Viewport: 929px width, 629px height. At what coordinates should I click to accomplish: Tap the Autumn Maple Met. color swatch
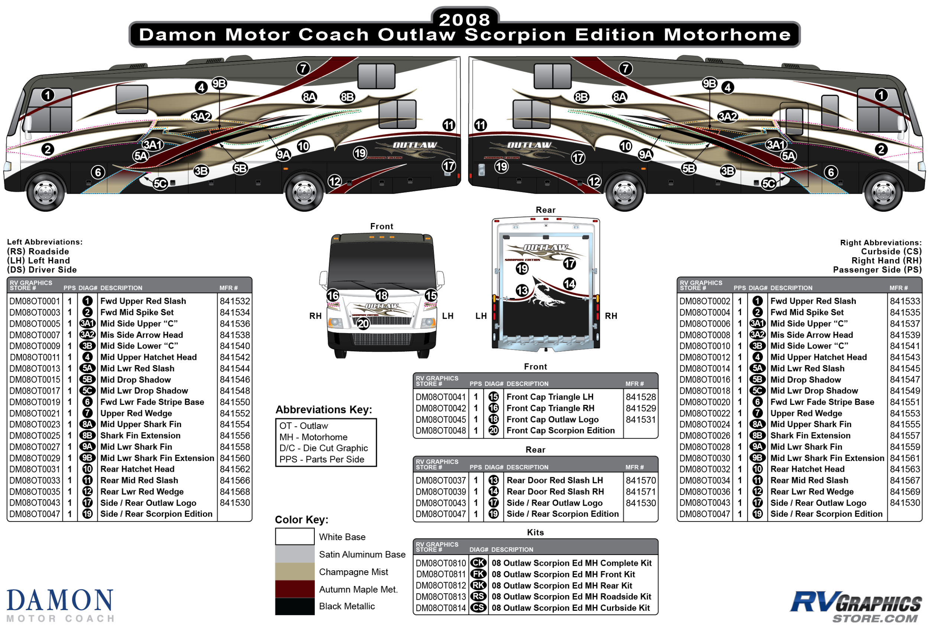click(x=295, y=589)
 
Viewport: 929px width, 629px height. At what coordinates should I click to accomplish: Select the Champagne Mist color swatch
click(x=295, y=571)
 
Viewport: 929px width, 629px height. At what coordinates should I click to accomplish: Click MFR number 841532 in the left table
click(x=234, y=301)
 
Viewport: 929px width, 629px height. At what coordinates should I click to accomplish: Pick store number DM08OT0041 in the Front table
click(x=440, y=397)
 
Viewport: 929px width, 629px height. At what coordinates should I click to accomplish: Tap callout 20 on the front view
click(x=363, y=323)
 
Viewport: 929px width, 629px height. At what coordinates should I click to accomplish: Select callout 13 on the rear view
click(x=522, y=290)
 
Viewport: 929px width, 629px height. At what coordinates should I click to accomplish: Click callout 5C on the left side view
click(x=160, y=184)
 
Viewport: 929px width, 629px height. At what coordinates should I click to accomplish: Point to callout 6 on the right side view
click(x=831, y=172)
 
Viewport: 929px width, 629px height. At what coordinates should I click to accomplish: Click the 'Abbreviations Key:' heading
click(x=323, y=410)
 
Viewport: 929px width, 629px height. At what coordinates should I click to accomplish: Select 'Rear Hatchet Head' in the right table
click(x=807, y=469)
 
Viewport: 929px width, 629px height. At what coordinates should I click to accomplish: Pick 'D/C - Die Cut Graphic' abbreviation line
click(x=323, y=448)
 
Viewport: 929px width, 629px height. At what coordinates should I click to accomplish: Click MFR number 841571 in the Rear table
click(x=641, y=491)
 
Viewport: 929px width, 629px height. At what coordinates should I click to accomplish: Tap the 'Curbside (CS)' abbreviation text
click(x=891, y=252)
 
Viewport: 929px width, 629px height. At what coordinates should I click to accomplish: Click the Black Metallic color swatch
click(x=295, y=606)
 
